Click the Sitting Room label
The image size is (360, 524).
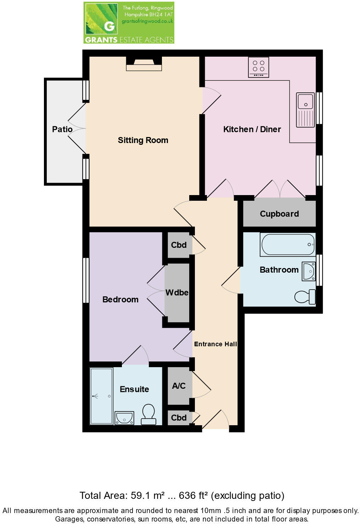[x=143, y=140]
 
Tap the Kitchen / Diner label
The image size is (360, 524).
[x=252, y=129]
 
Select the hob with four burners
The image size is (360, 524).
[x=259, y=67]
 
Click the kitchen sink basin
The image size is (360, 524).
[x=305, y=101]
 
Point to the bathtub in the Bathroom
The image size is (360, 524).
[x=288, y=244]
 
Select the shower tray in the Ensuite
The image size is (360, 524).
[x=102, y=396]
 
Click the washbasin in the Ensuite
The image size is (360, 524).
[x=124, y=418]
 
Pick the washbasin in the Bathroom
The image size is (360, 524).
[x=309, y=272]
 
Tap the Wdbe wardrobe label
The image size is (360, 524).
[x=177, y=292]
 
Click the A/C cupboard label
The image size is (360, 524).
[x=179, y=386]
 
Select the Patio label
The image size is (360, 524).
[x=62, y=129]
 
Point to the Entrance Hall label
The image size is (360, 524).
[x=215, y=344]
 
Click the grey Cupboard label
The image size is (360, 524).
[x=279, y=214]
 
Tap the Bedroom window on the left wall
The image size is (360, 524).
[x=86, y=280]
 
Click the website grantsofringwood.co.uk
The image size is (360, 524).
[x=147, y=21]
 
